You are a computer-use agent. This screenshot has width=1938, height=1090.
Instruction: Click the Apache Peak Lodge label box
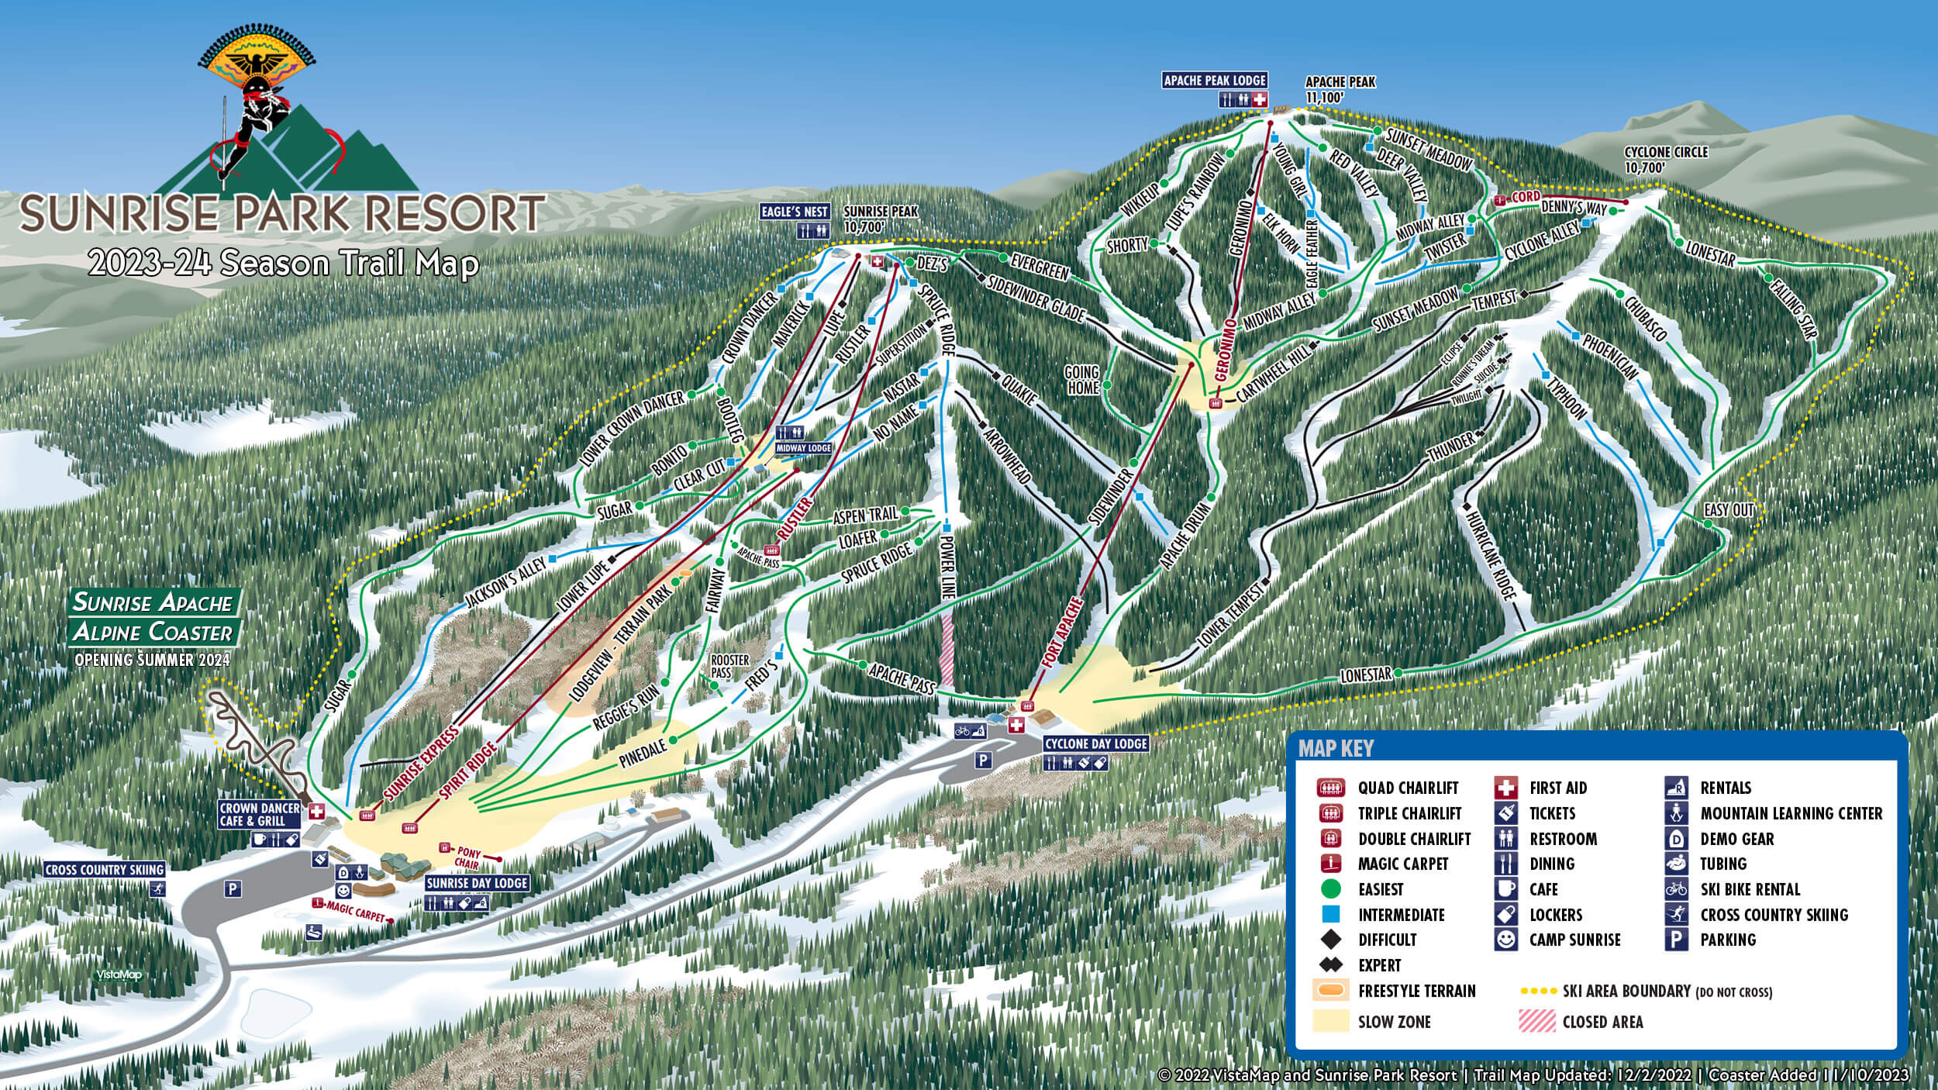click(x=1215, y=80)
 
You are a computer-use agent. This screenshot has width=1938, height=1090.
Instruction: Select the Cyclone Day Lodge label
click(x=1095, y=743)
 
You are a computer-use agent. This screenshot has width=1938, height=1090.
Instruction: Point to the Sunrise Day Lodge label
click(x=477, y=883)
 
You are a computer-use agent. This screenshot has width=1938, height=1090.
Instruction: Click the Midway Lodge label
click(x=803, y=448)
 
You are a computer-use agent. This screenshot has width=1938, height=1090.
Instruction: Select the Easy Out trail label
click(x=1729, y=509)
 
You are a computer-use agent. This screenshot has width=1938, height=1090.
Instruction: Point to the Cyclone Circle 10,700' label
click(x=1666, y=159)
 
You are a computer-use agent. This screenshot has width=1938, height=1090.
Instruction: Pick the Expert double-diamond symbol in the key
click(x=1331, y=965)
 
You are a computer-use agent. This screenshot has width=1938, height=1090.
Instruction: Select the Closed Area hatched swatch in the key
click(x=1536, y=1022)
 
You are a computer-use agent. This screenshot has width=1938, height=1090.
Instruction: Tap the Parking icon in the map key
click(x=1676, y=940)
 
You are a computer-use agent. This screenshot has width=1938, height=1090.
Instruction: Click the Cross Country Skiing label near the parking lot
click(x=104, y=870)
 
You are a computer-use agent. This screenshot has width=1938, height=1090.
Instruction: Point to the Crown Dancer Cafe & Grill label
click(x=259, y=815)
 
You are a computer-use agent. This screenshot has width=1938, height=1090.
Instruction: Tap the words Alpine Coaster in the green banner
click(x=153, y=633)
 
